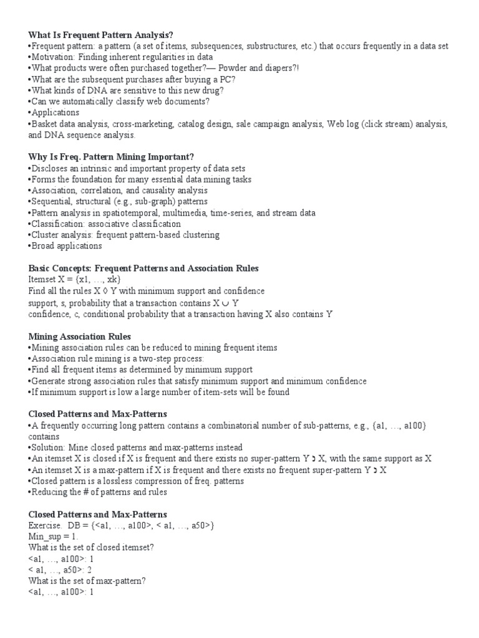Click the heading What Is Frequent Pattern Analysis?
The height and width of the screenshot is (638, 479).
pos(100,35)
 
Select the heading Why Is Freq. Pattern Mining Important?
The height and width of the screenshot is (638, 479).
pos(111,158)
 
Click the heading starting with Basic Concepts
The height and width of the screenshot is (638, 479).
pos(143,269)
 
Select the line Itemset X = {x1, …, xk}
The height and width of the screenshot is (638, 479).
pos(75,280)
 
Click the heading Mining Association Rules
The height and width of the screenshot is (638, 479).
pos(80,336)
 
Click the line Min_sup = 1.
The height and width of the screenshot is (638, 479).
pos(54,536)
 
